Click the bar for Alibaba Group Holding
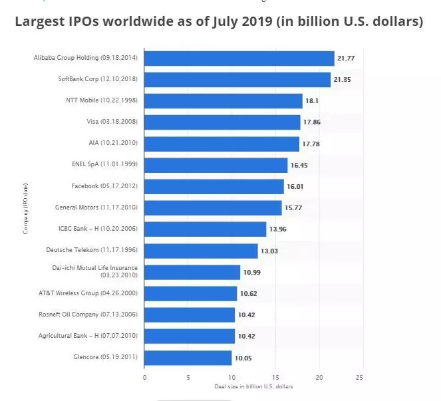[239, 59]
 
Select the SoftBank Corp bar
[237, 80]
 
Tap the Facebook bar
[214, 186]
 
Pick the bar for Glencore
[188, 357]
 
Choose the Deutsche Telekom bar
[201, 251]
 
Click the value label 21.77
[346, 59]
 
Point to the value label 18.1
[313, 101]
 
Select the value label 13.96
[277, 229]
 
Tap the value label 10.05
[243, 357]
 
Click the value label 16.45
[299, 165]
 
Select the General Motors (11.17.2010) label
[96, 207]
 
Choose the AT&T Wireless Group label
[88, 293]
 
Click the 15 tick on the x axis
[275, 377]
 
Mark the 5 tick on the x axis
[188, 377]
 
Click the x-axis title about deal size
[253, 386]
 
